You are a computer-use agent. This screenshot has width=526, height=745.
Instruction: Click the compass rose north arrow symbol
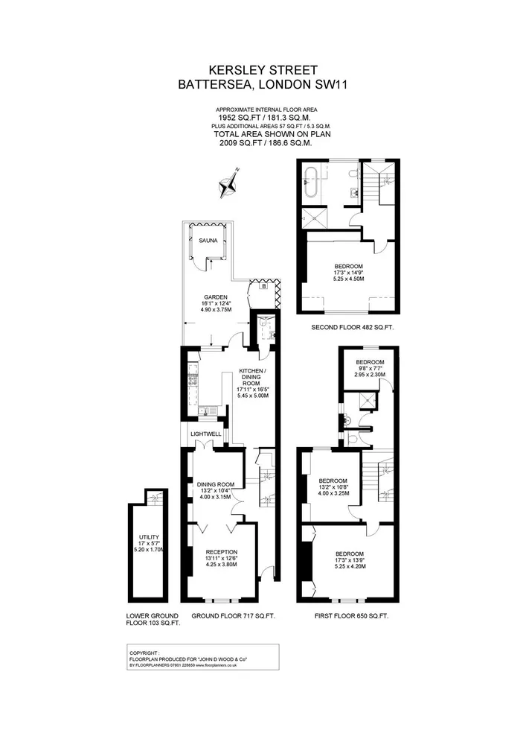(228, 183)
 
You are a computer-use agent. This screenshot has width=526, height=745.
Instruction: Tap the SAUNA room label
(208, 241)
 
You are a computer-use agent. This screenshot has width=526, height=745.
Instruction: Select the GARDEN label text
(216, 297)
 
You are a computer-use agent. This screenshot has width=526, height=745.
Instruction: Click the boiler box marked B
(263, 286)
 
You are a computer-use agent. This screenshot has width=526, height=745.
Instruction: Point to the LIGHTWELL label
(206, 434)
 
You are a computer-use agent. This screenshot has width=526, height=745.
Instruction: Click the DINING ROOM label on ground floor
(216, 485)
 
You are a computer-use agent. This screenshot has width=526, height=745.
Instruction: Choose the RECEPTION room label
(222, 552)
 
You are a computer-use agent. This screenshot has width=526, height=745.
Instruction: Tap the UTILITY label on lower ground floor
(149, 537)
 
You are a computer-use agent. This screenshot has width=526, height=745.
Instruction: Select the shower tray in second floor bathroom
(315, 218)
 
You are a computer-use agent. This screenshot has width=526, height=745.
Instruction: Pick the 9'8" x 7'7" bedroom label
(370, 368)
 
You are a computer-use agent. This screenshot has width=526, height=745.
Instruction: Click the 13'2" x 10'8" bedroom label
(333, 487)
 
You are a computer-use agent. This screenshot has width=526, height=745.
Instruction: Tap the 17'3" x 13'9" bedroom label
(350, 559)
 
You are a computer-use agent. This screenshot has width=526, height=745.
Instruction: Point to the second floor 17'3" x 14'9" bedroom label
(349, 273)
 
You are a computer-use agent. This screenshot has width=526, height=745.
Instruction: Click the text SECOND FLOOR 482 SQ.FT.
(353, 327)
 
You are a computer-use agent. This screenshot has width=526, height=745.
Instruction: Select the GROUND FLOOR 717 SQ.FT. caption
(234, 616)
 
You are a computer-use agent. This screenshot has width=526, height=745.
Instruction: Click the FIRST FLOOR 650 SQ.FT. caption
(351, 616)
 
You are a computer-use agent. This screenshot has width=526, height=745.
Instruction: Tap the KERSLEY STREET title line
(263, 70)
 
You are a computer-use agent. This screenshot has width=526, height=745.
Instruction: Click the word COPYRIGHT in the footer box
(144, 653)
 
